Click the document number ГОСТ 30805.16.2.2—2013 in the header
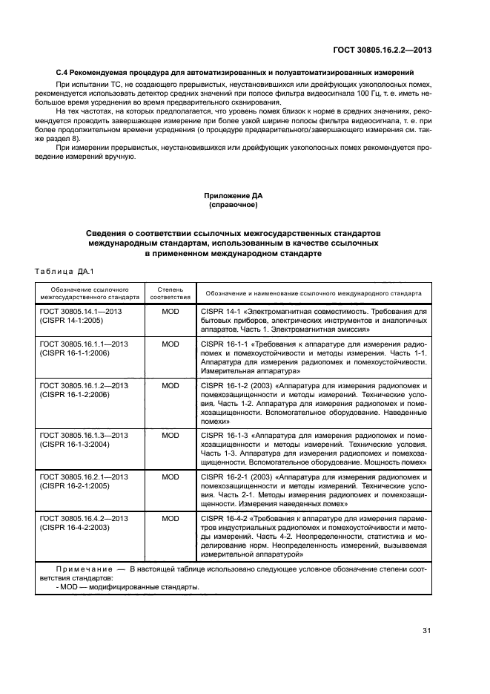[x=383, y=50]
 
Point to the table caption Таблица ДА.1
[x=62, y=271]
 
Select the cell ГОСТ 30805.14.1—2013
[x=81, y=312]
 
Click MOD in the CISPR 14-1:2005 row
[x=170, y=312]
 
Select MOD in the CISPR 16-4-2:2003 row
[x=170, y=518]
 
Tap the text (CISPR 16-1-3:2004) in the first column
[x=75, y=445]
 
